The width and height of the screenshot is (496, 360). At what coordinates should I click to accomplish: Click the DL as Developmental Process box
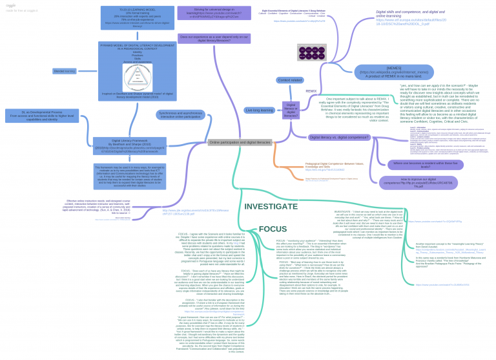click(43, 116)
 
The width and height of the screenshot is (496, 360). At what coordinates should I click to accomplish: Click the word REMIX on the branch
click(311, 91)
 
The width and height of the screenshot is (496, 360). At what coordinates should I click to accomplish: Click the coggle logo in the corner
click(11, 5)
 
